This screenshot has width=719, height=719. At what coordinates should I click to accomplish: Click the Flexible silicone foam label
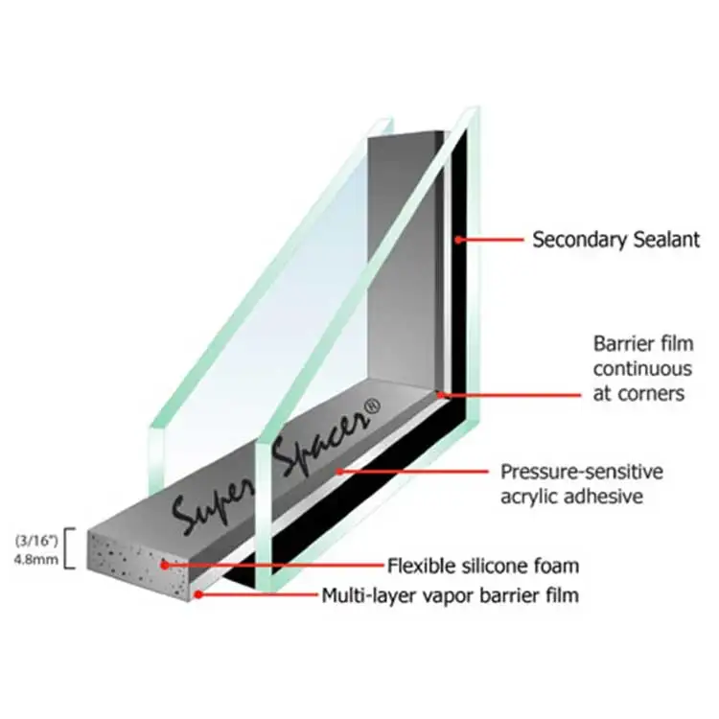point(483,565)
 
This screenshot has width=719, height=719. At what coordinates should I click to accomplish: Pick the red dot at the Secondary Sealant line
point(458,239)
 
